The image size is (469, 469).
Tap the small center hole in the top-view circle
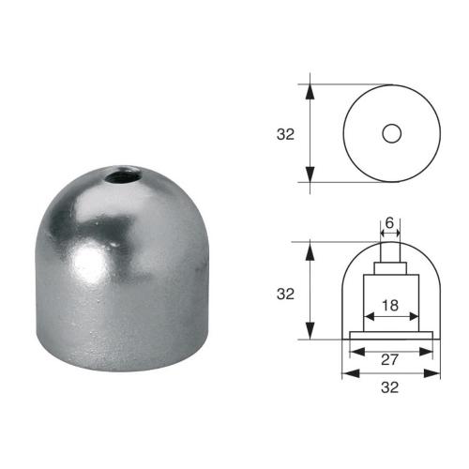[390, 133]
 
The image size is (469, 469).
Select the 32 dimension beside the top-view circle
[286, 133]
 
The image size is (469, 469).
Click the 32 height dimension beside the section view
[286, 293]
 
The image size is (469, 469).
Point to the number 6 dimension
[390, 223]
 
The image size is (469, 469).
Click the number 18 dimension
[390, 306]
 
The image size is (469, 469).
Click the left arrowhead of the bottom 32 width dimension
[345, 372]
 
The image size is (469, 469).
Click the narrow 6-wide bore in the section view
[390, 252]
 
